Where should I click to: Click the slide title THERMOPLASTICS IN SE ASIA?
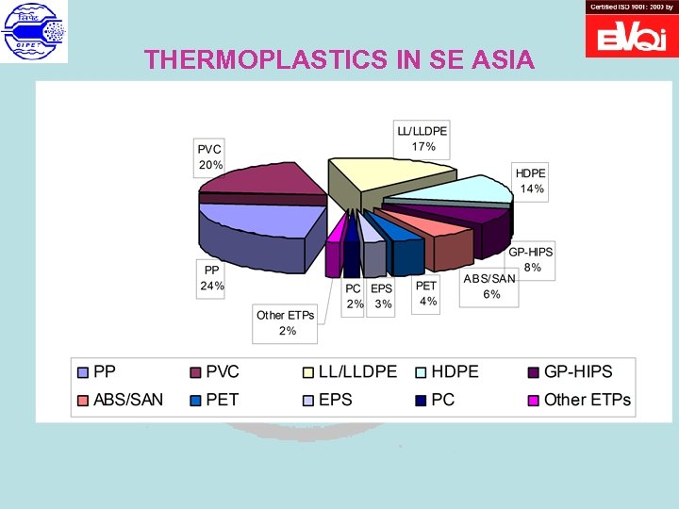(x=339, y=60)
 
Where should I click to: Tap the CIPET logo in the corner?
(x=35, y=32)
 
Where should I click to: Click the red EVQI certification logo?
(x=631, y=35)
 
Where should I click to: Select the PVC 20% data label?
(x=210, y=157)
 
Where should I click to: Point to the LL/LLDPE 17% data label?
(x=422, y=139)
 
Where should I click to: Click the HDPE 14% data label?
(x=531, y=181)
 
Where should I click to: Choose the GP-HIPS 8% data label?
(x=531, y=260)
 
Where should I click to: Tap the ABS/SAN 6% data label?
(x=489, y=287)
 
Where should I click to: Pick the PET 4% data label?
(x=427, y=293)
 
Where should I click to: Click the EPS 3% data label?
(x=381, y=296)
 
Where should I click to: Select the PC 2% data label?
(x=354, y=296)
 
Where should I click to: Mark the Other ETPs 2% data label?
(x=285, y=322)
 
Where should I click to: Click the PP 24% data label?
(x=210, y=278)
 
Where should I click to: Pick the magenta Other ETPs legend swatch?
(x=532, y=400)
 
